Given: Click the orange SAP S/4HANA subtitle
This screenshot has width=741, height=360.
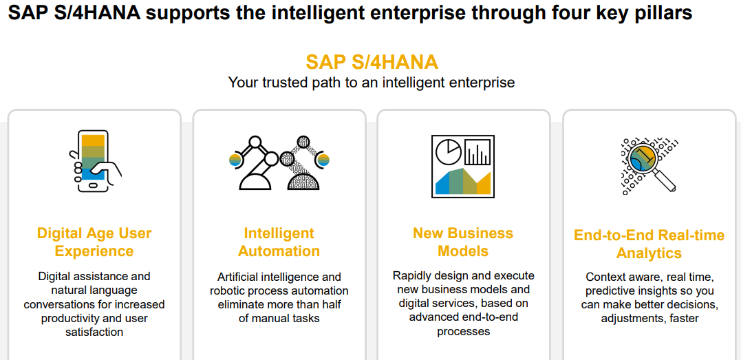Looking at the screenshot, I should [372, 62].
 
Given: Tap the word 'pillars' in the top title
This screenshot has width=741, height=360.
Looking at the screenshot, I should [660, 14].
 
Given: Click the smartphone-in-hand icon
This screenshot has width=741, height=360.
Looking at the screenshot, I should [95, 160].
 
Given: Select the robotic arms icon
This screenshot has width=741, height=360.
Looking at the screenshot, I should [279, 162].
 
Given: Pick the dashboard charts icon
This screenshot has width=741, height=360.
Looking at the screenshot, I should [462, 165].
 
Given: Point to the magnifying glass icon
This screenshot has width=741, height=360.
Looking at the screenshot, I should [649, 165].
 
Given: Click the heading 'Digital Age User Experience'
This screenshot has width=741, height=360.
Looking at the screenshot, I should [94, 242].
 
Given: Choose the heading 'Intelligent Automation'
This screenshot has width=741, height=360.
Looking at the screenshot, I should [279, 242].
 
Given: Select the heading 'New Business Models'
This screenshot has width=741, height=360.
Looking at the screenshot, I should [463, 242].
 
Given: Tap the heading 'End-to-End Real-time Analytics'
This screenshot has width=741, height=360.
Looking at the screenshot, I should [649, 244].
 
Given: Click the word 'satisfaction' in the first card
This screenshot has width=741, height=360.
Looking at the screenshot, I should [94, 332].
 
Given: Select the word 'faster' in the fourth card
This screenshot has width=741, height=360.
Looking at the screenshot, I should [683, 318].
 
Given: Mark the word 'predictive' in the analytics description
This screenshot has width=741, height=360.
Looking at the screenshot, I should [612, 290].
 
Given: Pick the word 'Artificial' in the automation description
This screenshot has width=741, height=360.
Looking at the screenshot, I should [241, 277].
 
